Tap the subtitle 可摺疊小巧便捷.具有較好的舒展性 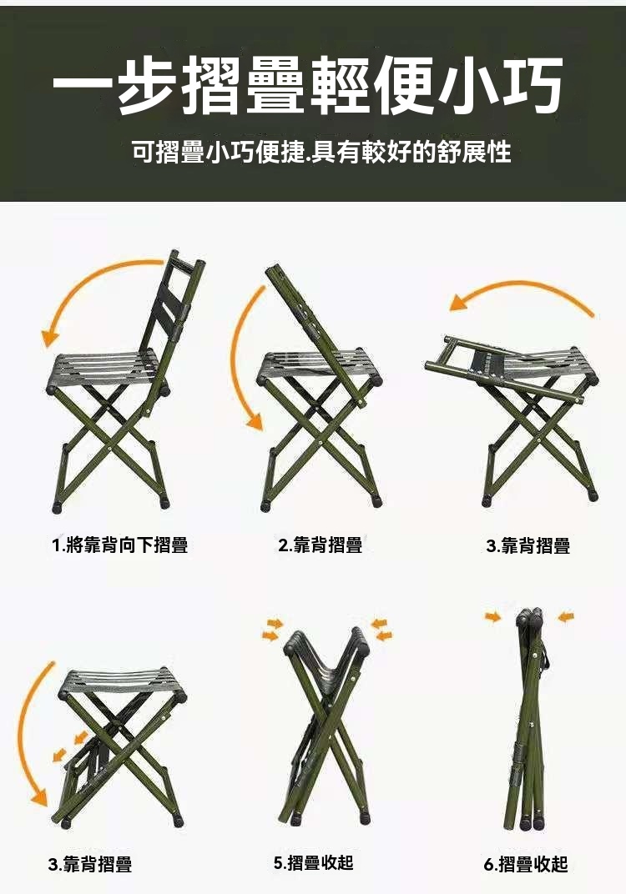click(x=321, y=153)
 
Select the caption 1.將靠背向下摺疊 click(x=120, y=545)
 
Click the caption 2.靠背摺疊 click(x=321, y=545)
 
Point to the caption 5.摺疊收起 click(x=314, y=862)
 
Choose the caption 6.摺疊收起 click(x=526, y=864)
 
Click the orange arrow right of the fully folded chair click(x=566, y=616)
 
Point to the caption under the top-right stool click(x=528, y=545)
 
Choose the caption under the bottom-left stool click(x=89, y=864)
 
